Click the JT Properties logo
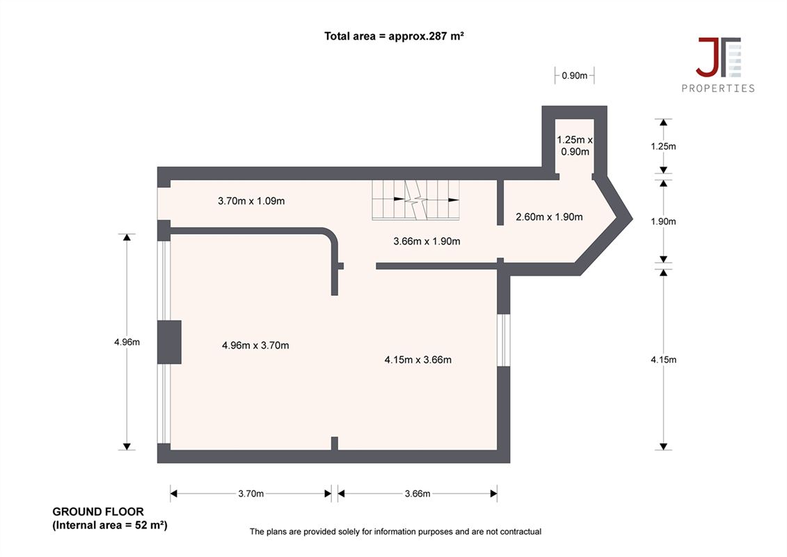tap(717, 65)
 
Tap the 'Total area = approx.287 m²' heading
tap(394, 36)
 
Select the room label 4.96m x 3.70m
tap(255, 345)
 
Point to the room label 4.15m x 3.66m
tap(418, 360)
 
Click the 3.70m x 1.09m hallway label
tap(251, 201)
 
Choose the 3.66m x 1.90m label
tap(427, 241)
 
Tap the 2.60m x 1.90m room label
tap(550, 217)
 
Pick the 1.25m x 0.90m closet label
tap(575, 146)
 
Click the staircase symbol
tap(415, 200)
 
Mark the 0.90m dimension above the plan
tap(575, 76)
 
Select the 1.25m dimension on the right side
tap(664, 147)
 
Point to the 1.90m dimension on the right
tap(664, 221)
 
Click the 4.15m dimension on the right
tap(664, 360)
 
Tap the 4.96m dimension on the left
tap(127, 342)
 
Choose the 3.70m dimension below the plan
tap(251, 494)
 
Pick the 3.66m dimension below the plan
tap(418, 494)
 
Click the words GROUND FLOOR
tap(98, 512)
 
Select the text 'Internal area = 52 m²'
tap(110, 526)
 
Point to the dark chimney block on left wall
tap(169, 342)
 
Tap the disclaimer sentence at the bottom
tap(395, 531)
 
